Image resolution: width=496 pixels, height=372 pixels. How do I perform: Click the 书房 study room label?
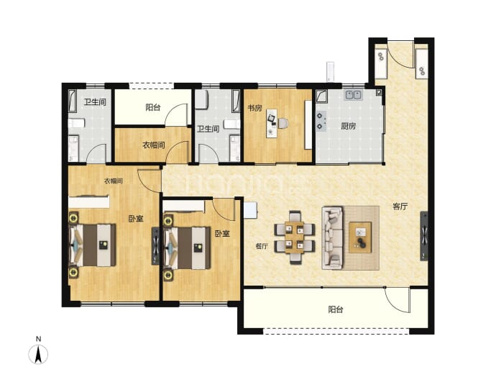[254, 108]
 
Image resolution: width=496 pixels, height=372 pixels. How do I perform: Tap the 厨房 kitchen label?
[348, 126]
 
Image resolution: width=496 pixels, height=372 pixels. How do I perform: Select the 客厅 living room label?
[400, 207]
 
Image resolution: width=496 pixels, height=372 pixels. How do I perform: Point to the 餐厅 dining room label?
[262, 246]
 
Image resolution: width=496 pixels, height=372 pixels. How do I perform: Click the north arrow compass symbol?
[38, 354]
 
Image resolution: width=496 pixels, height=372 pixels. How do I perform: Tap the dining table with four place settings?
[295, 237]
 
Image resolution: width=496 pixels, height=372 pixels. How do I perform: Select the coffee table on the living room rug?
[360, 237]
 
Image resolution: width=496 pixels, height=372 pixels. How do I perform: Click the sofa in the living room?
[332, 237]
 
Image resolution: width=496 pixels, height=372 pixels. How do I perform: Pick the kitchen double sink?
[354, 95]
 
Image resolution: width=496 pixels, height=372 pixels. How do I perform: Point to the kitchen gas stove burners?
[320, 121]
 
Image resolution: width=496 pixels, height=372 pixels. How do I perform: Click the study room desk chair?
[283, 123]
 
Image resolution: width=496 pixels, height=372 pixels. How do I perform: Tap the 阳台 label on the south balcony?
[335, 309]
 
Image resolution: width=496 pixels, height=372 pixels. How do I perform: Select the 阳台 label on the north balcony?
[153, 107]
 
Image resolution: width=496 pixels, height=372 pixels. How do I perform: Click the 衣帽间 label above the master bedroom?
[114, 181]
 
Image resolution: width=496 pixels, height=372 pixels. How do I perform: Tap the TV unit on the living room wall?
[424, 236]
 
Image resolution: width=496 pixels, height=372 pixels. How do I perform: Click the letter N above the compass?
[38, 339]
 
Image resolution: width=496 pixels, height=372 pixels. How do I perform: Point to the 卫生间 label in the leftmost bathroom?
[95, 102]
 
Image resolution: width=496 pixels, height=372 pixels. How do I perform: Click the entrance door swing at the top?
[400, 55]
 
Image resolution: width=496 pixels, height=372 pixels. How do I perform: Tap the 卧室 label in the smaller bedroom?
[222, 234]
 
